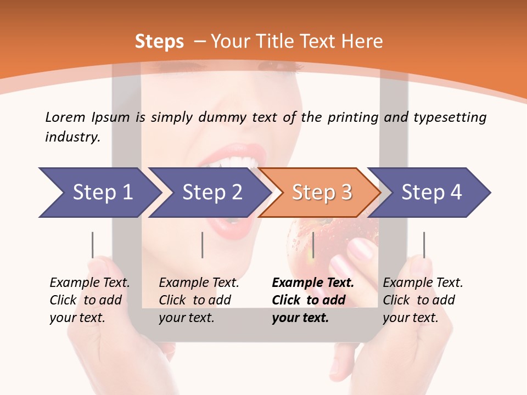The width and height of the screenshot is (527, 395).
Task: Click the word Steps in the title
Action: click(159, 42)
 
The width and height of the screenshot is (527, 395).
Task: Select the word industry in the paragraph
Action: click(72, 137)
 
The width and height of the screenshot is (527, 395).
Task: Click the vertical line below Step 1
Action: click(92, 245)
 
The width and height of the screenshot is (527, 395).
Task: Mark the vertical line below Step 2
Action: click(203, 245)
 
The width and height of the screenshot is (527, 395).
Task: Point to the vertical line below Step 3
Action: click(313, 245)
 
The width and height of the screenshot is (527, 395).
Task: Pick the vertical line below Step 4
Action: click(424, 245)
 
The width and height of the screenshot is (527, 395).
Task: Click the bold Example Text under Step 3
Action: click(313, 283)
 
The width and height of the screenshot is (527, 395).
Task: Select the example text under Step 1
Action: click(89, 300)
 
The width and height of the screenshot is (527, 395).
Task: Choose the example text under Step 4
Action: click(423, 300)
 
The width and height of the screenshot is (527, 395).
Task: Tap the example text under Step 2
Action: click(199, 300)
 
